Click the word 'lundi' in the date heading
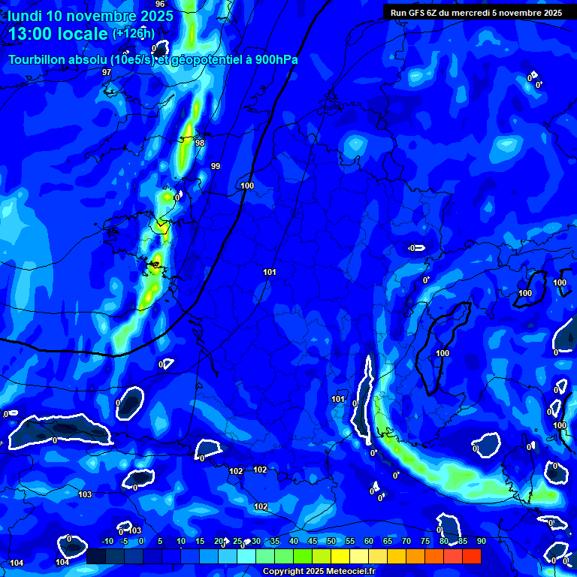pos(24,15)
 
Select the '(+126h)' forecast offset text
pos(134,34)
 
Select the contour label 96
pos(160,5)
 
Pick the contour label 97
pos(107,72)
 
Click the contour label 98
pos(199,143)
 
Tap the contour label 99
pos(216,166)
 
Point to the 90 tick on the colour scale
pos(481,541)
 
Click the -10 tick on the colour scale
pos(107,541)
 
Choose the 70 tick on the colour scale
pos(406,541)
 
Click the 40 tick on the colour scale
pos(294,541)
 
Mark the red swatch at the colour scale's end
pos(471,557)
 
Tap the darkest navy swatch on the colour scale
pos(96,557)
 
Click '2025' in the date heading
pos(154,15)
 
